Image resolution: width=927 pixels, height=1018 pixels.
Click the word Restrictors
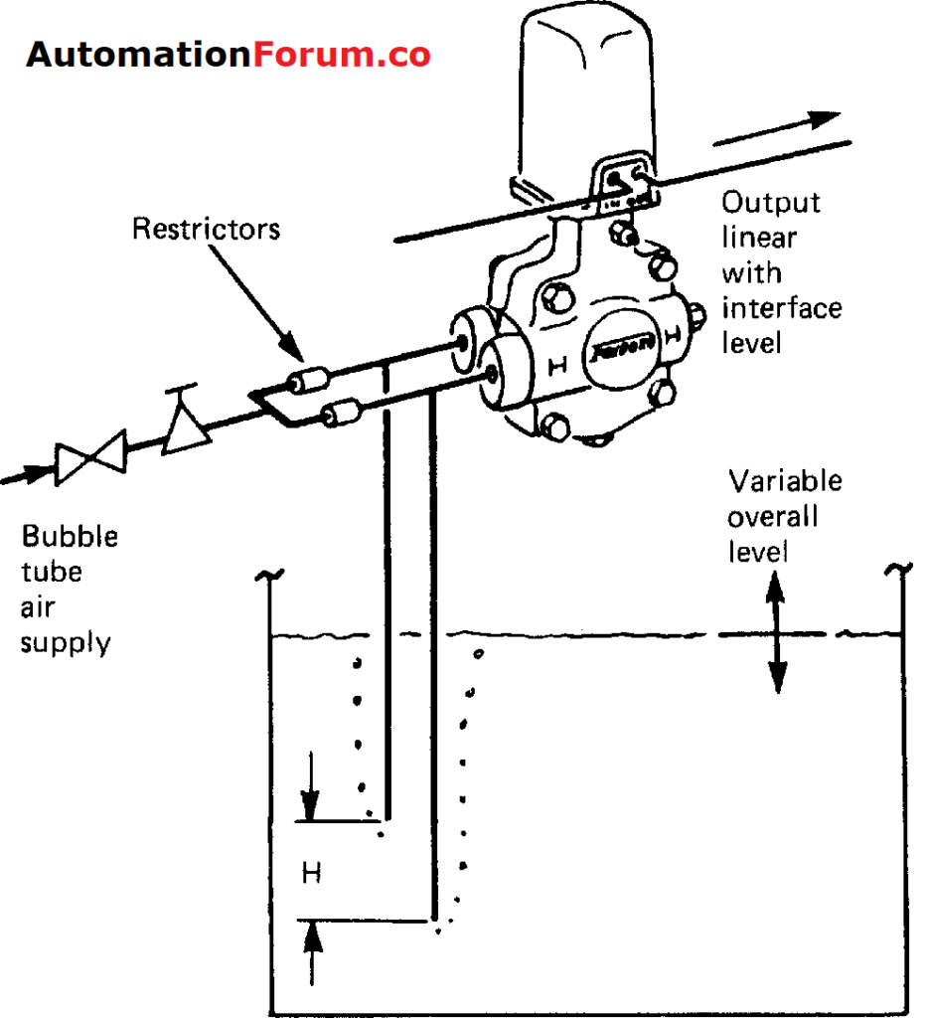pyautogui.click(x=207, y=230)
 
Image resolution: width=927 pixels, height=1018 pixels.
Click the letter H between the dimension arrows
pyautogui.click(x=311, y=873)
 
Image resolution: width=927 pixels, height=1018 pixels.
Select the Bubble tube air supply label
pyautogui.click(x=70, y=589)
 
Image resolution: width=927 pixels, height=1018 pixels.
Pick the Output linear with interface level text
pyautogui.click(x=781, y=272)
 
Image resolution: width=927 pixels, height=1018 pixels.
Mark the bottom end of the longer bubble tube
pyautogui.click(x=432, y=920)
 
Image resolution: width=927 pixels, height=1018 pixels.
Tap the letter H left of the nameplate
pyautogui.click(x=557, y=367)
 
